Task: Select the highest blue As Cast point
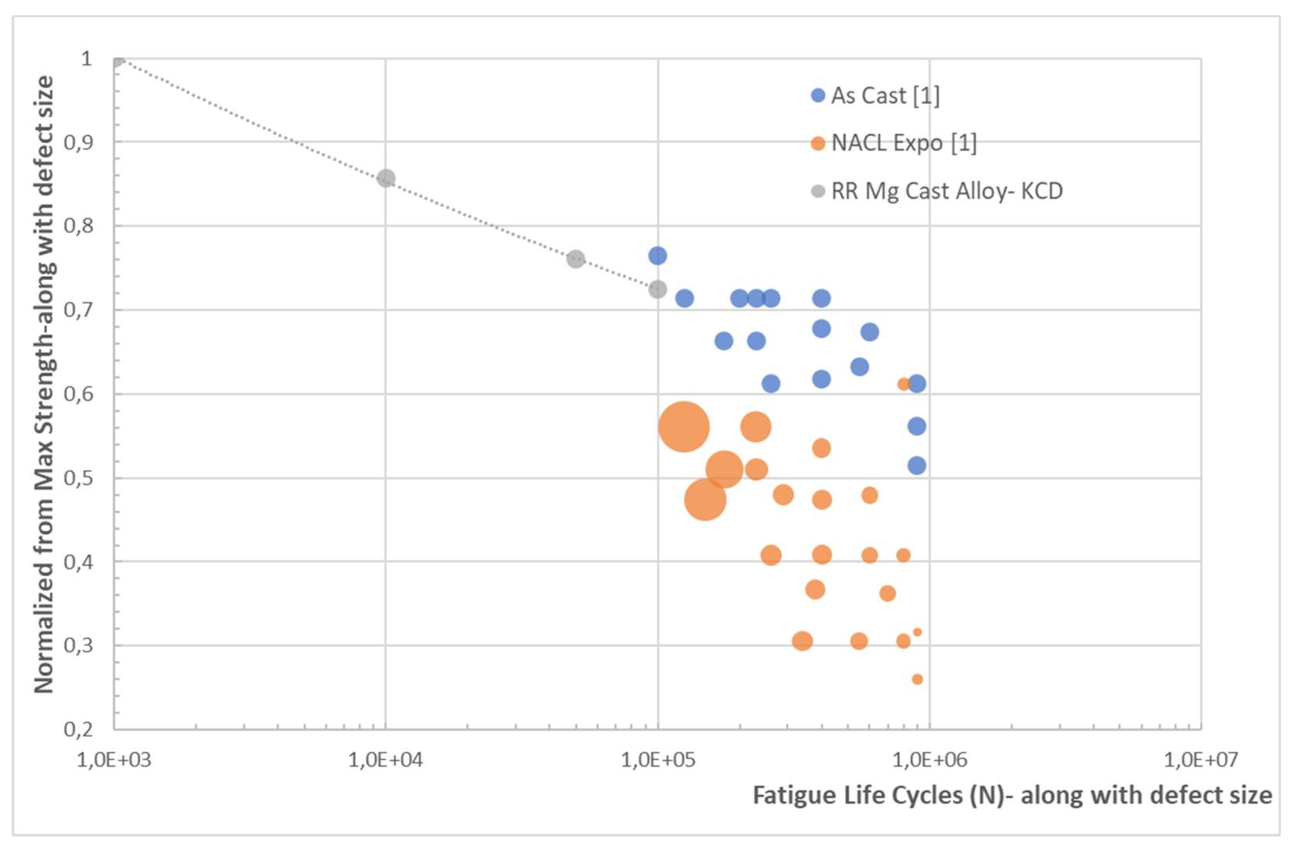tap(658, 255)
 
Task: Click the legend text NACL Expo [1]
tap(903, 143)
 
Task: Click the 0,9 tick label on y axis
tap(78, 142)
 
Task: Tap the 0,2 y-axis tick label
tap(78, 729)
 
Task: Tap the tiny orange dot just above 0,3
tap(917, 632)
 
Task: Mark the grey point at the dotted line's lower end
tap(658, 289)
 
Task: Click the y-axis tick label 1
tap(86, 58)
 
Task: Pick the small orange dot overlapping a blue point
tap(903, 384)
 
